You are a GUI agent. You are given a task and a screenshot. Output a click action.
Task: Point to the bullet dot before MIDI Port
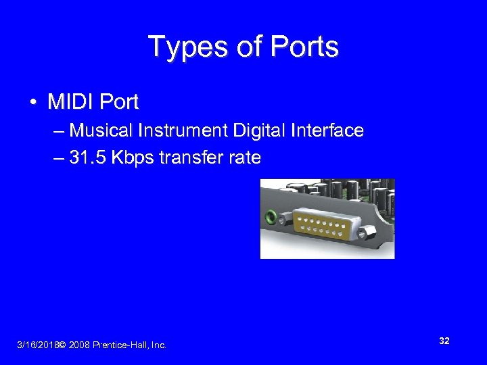click(32, 103)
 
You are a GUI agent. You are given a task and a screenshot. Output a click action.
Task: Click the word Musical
click(101, 130)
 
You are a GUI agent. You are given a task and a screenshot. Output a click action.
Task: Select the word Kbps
click(133, 158)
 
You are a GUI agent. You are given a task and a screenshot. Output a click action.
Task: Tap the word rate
click(243, 158)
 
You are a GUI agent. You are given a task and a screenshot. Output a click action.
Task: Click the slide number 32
click(444, 341)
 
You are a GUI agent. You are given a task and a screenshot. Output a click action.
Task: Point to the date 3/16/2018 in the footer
click(37, 345)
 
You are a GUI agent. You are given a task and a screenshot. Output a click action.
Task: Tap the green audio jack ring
click(271, 218)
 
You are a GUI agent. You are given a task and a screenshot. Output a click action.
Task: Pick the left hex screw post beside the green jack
click(285, 216)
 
